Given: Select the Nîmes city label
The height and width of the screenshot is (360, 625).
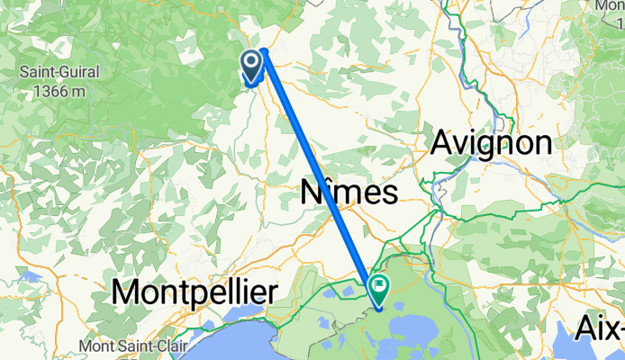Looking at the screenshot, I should tap(347, 193).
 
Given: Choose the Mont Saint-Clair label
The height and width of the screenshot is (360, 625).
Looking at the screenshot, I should tap(140, 346).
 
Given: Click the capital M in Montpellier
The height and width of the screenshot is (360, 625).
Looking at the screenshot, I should tap(126, 292).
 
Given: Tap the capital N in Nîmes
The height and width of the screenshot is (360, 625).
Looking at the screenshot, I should tap(312, 193).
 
